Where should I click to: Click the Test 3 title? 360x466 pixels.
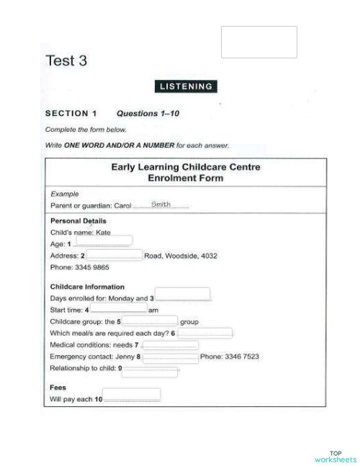66,61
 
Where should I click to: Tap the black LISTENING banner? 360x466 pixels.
186,86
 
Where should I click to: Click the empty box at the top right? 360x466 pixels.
259,42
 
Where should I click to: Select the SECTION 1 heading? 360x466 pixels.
71,113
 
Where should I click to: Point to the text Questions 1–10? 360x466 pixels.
148,113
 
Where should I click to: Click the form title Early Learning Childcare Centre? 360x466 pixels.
186,167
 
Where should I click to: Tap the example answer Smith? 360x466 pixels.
161,204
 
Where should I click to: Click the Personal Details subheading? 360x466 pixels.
78,221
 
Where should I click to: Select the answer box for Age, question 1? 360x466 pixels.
114,241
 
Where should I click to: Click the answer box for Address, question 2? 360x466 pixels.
114,255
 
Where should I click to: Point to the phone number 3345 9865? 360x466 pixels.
90,267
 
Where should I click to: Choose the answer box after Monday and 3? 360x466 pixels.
183,294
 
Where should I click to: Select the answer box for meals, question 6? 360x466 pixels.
205,333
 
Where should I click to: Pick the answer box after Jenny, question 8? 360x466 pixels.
170,357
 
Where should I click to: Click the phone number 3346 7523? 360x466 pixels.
240,357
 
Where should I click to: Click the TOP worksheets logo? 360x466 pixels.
335,456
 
